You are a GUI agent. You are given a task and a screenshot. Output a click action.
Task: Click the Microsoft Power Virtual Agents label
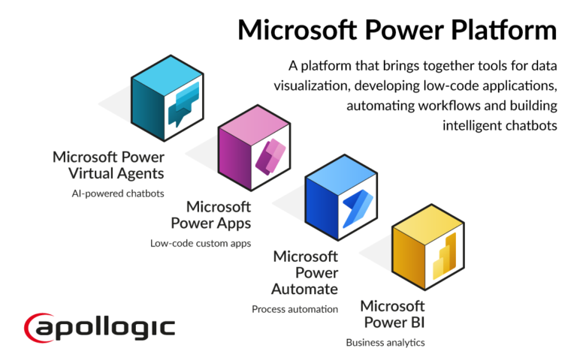[x=108, y=165]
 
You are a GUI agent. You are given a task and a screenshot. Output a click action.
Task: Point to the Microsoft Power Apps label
[x=210, y=214]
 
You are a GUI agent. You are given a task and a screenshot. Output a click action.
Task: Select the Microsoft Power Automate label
[x=306, y=271]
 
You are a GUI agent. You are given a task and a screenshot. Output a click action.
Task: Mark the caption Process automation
[x=295, y=308]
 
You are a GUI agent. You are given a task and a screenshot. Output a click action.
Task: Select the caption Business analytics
[x=385, y=342]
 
